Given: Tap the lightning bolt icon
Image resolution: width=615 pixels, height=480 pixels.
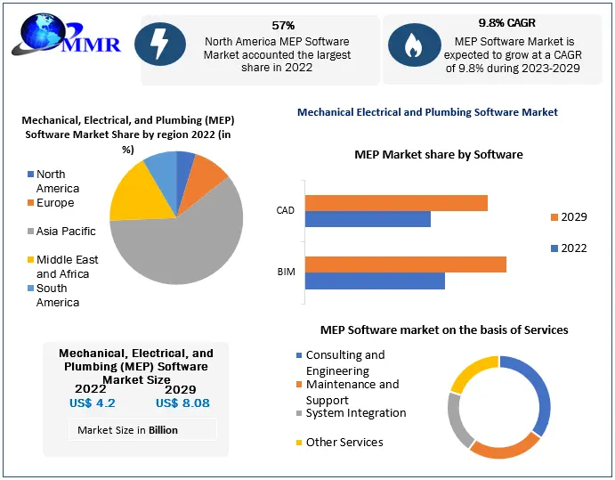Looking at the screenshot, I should tap(160, 47).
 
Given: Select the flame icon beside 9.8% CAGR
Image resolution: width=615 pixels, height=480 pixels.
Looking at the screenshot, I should tap(413, 47).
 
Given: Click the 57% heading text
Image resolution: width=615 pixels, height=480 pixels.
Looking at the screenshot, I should tap(283, 25).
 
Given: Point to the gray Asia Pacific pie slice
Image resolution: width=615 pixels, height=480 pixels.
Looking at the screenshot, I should tap(178, 245).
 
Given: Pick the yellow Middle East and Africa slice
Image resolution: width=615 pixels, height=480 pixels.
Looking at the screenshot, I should tap(134, 191).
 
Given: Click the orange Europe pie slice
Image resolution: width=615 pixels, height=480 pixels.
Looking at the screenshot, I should tap(210, 170).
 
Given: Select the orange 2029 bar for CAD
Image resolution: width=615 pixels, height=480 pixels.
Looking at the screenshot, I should tap(396, 203).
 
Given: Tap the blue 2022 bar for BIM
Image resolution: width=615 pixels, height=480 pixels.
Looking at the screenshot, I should tap(375, 281).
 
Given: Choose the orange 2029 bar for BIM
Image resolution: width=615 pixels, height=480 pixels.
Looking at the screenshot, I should tap(406, 264).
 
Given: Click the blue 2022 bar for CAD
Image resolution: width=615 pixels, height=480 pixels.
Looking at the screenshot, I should tap(368, 219).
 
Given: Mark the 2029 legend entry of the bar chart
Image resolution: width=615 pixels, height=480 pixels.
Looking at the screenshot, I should tap(567, 217).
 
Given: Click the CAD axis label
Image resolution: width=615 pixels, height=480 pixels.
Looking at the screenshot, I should tap(285, 211).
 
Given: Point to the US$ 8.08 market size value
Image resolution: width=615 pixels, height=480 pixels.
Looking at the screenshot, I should tap(182, 403).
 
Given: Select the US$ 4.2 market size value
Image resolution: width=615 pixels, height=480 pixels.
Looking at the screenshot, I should tap(93, 403).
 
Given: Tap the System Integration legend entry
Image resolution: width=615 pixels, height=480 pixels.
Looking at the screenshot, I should tap(355, 413).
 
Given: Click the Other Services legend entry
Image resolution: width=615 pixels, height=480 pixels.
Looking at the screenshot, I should tap(344, 443).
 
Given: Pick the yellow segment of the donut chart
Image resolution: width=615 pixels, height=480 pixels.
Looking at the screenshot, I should tap(469, 372).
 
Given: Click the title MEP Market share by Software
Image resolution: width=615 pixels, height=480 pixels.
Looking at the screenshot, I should tap(439, 155).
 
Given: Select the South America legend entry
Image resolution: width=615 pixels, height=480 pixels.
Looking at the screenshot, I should tap(57, 296).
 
